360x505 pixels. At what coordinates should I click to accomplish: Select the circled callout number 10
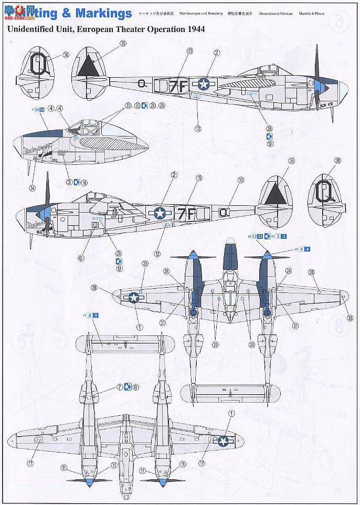(241, 180)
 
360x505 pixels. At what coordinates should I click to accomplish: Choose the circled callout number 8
(136, 387)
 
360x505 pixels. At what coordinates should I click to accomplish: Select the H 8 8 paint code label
(91, 315)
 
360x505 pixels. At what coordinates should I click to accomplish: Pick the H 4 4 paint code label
(303, 249)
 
